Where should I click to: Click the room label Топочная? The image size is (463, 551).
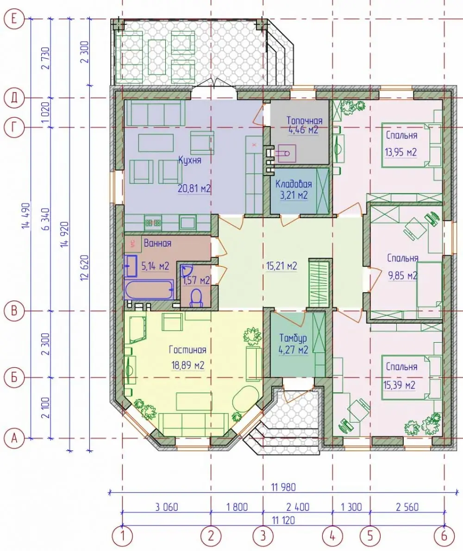click(304, 120)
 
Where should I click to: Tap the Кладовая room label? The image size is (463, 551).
click(294, 184)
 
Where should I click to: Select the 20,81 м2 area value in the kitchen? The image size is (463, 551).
click(194, 189)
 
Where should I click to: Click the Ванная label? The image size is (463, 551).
click(157, 243)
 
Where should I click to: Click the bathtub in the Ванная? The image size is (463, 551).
click(149, 289)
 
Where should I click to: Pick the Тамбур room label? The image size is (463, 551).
click(293, 338)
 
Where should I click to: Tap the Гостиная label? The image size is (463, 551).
click(188, 350)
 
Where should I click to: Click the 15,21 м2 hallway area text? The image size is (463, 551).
click(282, 266)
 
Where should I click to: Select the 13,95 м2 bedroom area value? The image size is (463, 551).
click(400, 152)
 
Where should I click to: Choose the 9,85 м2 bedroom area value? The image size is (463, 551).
click(402, 275)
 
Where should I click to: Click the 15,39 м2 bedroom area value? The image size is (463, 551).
click(400, 385)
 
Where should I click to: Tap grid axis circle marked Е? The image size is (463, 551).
click(14, 18)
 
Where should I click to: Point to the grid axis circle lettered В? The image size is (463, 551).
click(14, 311)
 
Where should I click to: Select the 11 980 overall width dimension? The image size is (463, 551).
click(283, 487)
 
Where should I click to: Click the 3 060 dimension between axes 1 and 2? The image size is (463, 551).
click(167, 507)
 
